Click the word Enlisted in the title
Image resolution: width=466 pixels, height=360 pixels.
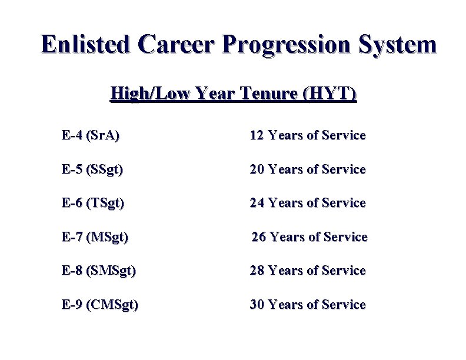pos(85,45)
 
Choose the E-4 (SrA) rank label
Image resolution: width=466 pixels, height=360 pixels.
pos(90,136)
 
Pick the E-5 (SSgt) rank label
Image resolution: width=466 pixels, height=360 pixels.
pos(92,170)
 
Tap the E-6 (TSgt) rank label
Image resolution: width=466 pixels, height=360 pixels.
pos(92,204)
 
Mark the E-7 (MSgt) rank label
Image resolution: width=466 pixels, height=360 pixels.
pos(95,238)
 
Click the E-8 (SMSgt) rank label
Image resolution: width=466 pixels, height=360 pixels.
pos(98,271)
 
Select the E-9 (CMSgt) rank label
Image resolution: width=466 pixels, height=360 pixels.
pos(99,305)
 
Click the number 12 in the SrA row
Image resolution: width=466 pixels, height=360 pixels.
pos(257,136)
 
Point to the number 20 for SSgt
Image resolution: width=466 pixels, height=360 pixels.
pos(257,169)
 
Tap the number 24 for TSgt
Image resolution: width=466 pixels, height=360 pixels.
pos(257,203)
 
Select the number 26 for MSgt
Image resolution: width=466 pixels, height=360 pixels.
pos(259,237)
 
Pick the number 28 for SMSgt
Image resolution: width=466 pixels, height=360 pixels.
pos(257,271)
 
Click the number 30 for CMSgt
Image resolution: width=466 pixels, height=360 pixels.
pos(257,305)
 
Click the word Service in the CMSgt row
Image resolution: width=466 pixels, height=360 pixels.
pos(344,305)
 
